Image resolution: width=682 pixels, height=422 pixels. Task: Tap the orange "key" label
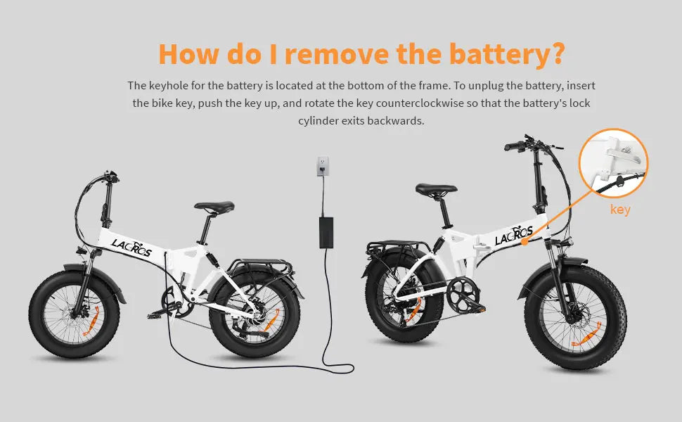pos(620,210)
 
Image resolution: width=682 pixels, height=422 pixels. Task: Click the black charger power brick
pos(326,231)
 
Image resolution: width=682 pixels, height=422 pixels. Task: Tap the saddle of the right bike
pos(436,189)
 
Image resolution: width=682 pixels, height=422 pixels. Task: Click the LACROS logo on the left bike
pos(131,248)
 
